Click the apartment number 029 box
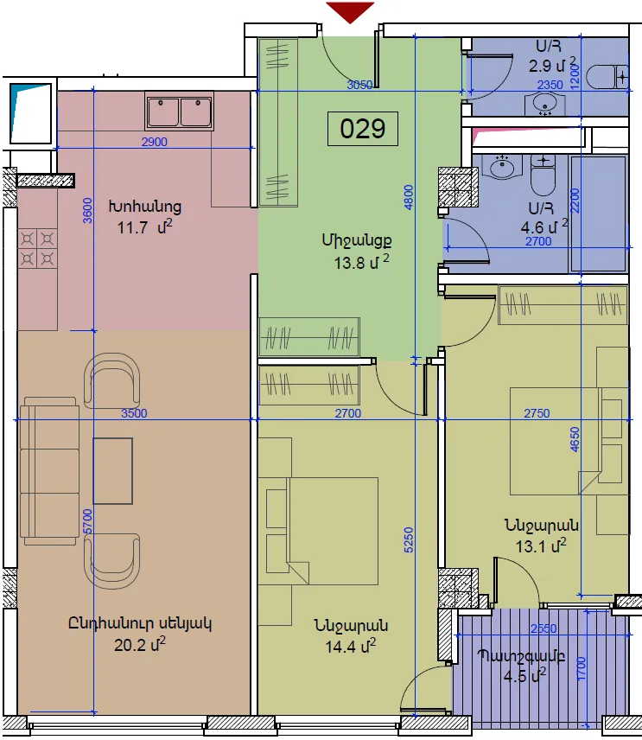[363, 128]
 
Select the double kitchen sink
[179, 112]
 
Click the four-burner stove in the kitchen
[37, 249]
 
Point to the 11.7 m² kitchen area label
[144, 227]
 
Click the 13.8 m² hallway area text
[362, 262]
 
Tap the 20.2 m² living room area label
[140, 645]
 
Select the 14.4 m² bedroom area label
[351, 646]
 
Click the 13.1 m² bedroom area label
[541, 546]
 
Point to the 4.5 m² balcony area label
[524, 676]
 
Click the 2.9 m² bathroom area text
[552, 65]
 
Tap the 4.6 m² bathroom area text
[543, 227]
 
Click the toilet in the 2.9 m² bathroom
[607, 77]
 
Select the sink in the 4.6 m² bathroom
[502, 167]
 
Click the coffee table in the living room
[112, 471]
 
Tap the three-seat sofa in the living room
[49, 471]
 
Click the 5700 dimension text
[87, 522]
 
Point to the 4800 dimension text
[409, 197]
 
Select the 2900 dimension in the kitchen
[155, 142]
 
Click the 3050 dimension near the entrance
[359, 85]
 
